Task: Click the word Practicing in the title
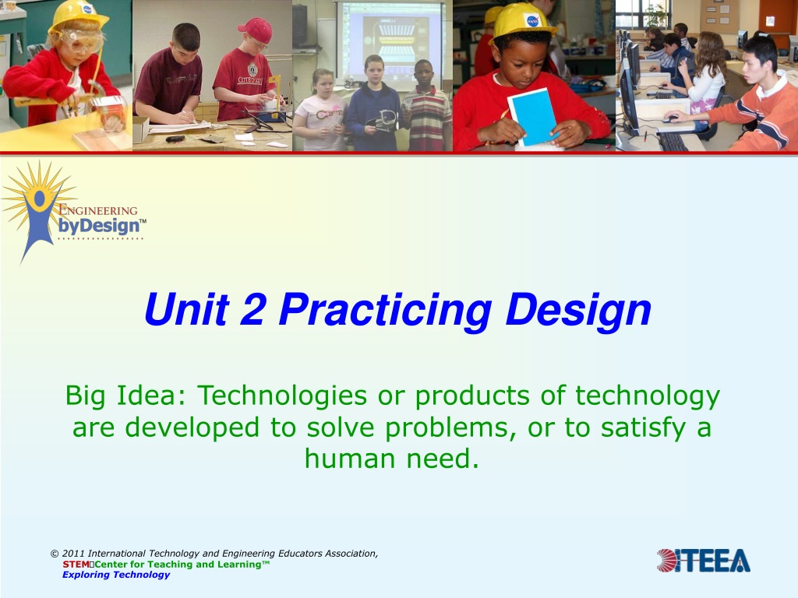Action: click(x=385, y=310)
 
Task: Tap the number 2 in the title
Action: click(x=253, y=308)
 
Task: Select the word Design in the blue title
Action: click(x=579, y=310)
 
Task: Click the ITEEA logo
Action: click(x=704, y=561)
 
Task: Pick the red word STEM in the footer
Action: click(x=76, y=564)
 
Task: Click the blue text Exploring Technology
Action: click(x=116, y=575)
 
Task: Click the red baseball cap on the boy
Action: click(x=256, y=30)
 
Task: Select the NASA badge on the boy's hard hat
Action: click(x=532, y=21)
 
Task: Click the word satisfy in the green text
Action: click(x=644, y=427)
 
